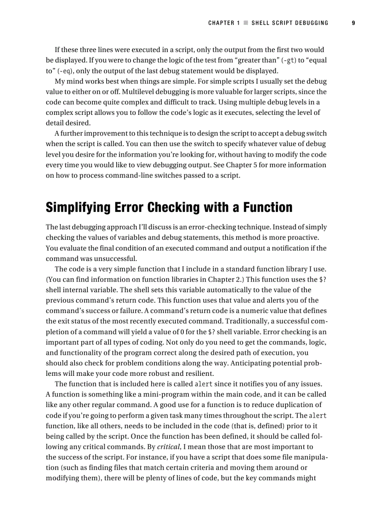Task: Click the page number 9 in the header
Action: coord(353,23)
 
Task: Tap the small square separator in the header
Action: coord(246,23)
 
